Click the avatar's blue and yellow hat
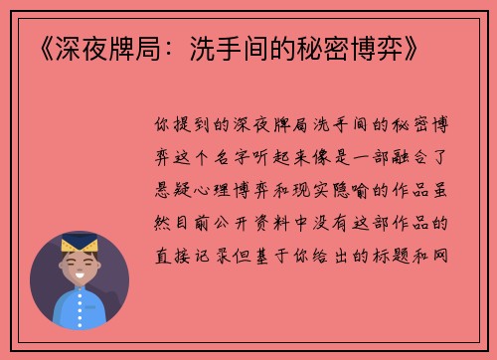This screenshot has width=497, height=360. click(79, 244)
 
